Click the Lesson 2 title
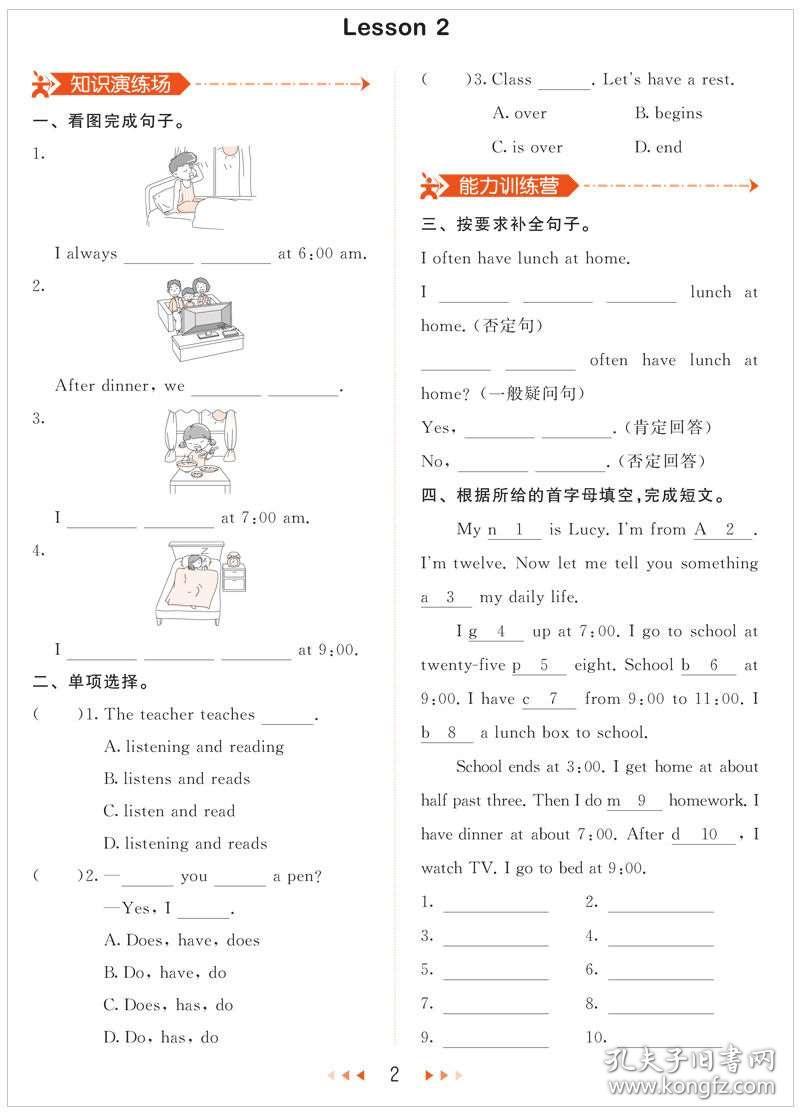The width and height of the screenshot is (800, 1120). pos(396,28)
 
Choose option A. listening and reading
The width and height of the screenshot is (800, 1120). pos(194,747)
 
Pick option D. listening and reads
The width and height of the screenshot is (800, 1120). pos(185,844)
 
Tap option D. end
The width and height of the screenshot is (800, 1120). pos(658,147)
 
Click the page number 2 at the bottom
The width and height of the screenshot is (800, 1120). pos(395,1075)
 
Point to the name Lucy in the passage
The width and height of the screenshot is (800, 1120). pos(587,529)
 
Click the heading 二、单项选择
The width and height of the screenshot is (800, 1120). pos(92,684)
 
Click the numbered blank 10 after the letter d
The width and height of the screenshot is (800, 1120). pos(710,834)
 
